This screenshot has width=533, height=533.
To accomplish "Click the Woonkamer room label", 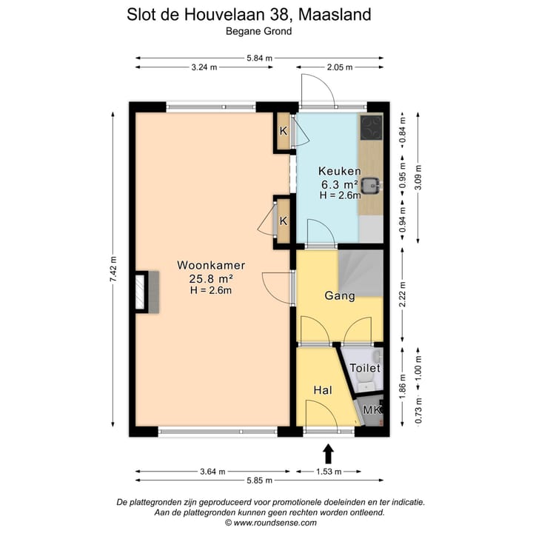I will click(211, 264).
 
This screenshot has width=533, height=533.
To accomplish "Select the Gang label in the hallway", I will click(340, 296).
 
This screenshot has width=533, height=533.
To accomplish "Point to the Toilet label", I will click(364, 368).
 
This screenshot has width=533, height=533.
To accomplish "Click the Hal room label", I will click(322, 390).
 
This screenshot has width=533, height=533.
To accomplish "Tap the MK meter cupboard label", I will click(372, 410).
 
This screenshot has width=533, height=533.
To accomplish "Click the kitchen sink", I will click(372, 184).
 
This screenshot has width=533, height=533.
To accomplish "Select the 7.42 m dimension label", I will click(113, 269).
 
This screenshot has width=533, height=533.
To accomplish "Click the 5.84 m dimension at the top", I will click(259, 57).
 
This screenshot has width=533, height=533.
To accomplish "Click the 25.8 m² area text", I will click(211, 278).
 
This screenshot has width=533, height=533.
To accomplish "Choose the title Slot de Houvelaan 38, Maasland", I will click(259, 14).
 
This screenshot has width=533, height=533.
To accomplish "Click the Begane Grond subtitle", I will click(259, 31).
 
